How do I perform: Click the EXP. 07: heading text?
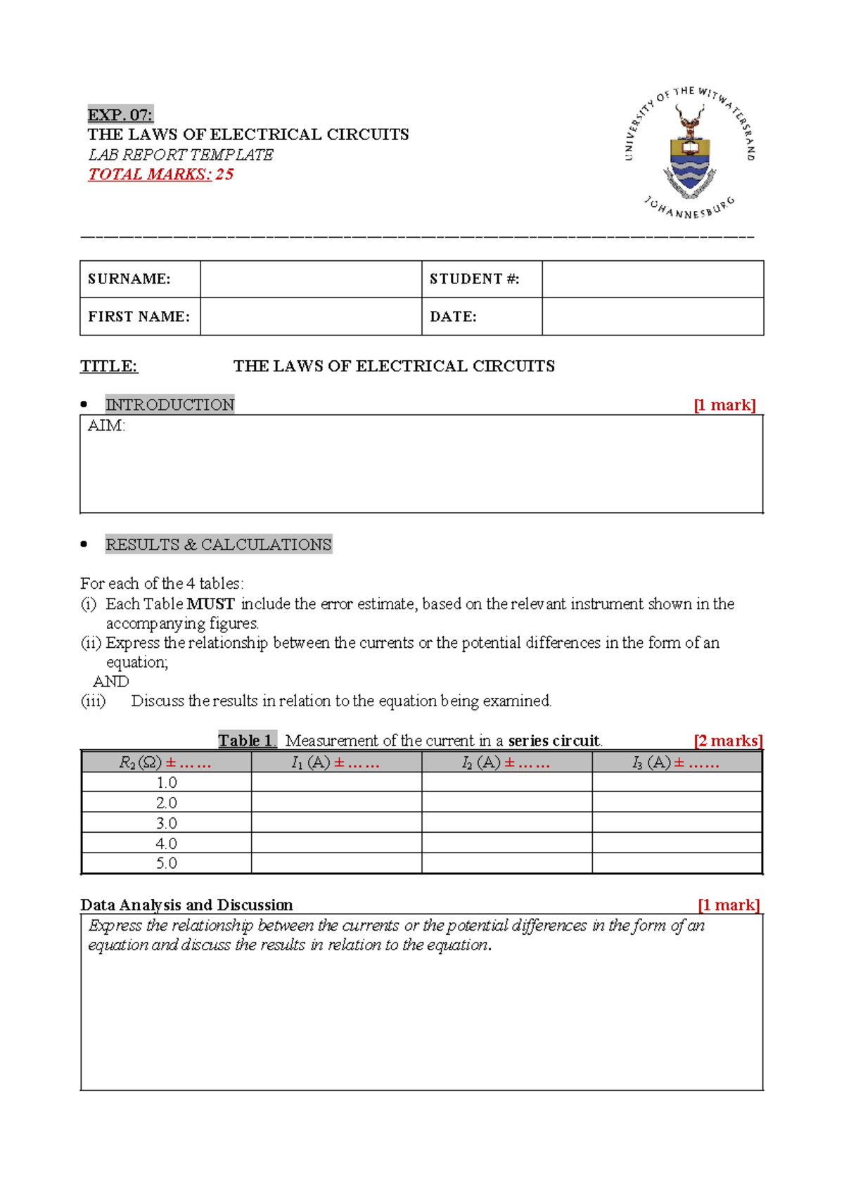120,115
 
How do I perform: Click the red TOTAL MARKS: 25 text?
160,174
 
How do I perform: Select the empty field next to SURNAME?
310,279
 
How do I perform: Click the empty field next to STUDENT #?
652,279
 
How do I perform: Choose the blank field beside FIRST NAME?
310,317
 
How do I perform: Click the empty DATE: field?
652,317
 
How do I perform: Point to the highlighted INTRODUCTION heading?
170,404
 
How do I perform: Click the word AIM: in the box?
106,426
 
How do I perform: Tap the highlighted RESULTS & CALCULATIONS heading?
218,544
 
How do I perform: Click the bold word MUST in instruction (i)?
210,604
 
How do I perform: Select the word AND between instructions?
111,682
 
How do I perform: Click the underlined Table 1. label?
247,741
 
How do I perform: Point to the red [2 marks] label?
728,741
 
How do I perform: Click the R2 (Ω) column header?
166,763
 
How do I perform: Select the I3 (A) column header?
676,763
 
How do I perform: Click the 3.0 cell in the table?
166,823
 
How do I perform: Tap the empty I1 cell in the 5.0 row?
336,863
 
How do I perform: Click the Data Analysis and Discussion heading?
186,905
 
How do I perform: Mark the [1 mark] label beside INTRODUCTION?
724,405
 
